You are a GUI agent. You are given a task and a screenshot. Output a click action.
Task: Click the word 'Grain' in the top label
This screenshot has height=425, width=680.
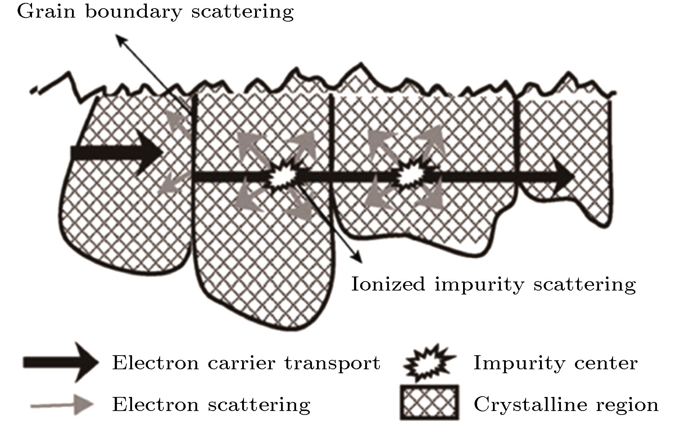pyautogui.click(x=46, y=12)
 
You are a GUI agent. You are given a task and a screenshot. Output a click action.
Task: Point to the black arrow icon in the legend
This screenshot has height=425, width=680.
pyautogui.click(x=60, y=362)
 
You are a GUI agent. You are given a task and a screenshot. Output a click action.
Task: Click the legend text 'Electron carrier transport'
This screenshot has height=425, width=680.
pyautogui.click(x=246, y=363)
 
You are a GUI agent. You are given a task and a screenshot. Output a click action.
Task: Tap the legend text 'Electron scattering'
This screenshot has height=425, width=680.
pyautogui.click(x=211, y=405)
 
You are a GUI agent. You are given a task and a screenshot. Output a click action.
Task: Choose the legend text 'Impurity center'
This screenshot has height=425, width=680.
pyautogui.click(x=555, y=363)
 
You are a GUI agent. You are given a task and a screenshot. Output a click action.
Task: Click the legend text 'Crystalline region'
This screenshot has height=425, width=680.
pyautogui.click(x=566, y=405)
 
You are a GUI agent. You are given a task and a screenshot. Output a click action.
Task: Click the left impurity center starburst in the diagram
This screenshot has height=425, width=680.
pyautogui.click(x=283, y=176)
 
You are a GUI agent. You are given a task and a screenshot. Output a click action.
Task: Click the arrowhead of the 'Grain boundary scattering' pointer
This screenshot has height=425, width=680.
pyautogui.click(x=118, y=38)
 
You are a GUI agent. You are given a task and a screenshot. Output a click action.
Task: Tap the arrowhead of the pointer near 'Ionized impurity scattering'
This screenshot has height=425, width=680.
pyautogui.click(x=358, y=259)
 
